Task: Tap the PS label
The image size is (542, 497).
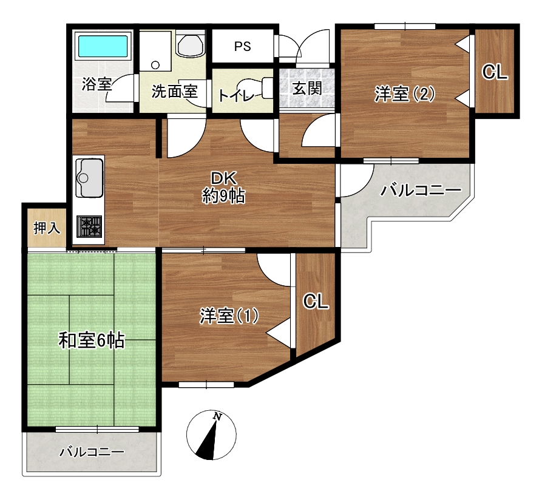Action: [x=242, y=46]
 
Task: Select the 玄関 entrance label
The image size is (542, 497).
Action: [x=307, y=88]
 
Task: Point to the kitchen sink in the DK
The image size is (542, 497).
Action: [x=89, y=177]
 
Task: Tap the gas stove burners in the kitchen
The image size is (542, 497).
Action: [x=89, y=226]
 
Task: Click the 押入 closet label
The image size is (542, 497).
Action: [x=47, y=228]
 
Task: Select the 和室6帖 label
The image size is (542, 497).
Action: [x=91, y=341]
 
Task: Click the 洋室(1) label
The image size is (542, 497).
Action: [x=229, y=316]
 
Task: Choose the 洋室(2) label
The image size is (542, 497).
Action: [x=404, y=93]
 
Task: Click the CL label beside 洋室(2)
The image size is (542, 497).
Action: [x=495, y=73]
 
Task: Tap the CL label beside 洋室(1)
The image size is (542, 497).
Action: [x=316, y=302]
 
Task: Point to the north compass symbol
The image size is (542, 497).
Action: [x=211, y=435]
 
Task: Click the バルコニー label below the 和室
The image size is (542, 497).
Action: [x=92, y=451]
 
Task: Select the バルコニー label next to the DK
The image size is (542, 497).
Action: [x=421, y=190]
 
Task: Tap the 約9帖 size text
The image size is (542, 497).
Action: [x=223, y=197]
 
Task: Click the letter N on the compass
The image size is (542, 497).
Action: [x=217, y=416]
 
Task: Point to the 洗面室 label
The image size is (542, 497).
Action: [x=175, y=91]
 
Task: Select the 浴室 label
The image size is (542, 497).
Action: [x=97, y=84]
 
